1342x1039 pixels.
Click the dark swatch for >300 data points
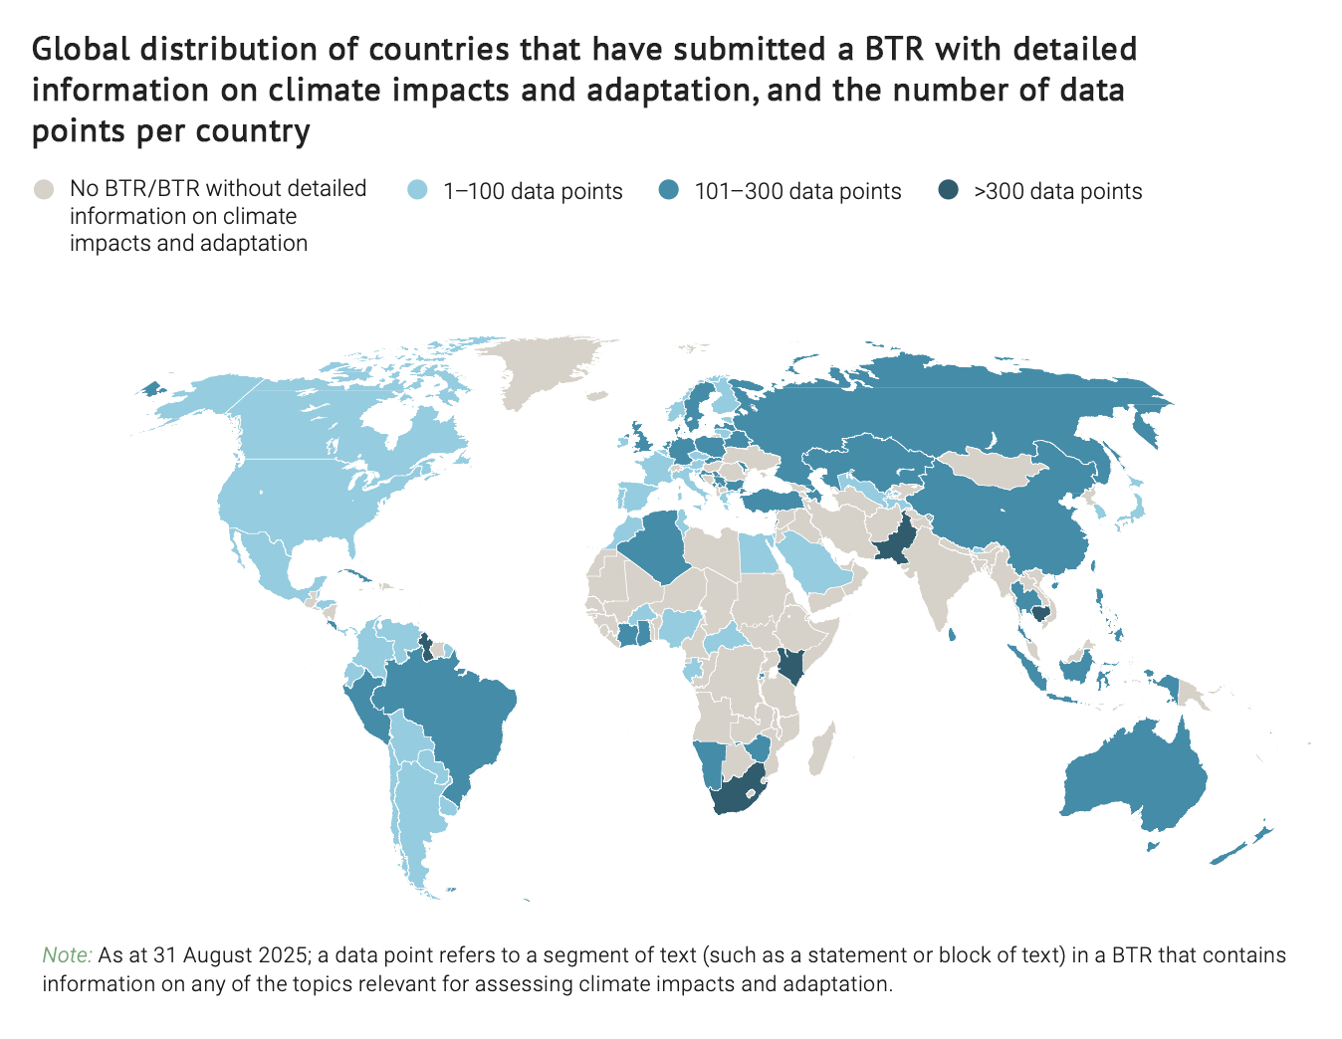pos(950,190)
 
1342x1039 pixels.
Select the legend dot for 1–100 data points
pos(419,190)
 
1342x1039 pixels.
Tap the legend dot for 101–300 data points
pos(670,190)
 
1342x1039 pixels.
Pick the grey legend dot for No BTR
pos(44,189)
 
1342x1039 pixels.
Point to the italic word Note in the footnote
pos(66,955)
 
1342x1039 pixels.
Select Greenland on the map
pos(553,368)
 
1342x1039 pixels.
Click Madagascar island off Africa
pos(821,751)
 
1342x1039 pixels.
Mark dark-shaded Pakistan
pos(896,542)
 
